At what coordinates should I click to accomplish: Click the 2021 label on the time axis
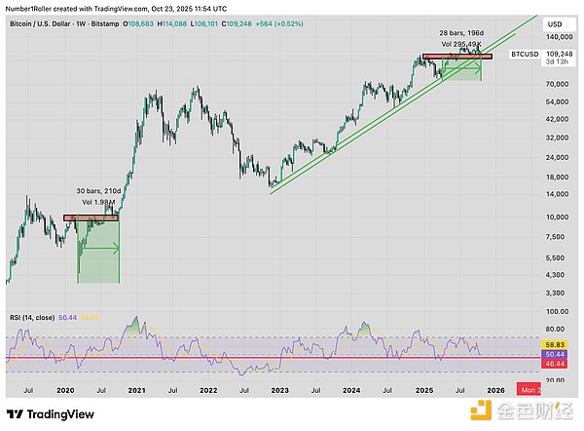(x=137, y=390)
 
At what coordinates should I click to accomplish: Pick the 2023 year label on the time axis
(x=280, y=390)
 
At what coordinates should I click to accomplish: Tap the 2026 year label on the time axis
(x=495, y=390)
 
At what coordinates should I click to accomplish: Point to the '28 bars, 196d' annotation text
(x=458, y=33)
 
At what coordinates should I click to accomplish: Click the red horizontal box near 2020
(x=91, y=217)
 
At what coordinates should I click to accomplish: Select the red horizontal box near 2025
(x=457, y=58)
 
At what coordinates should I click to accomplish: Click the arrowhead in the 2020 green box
(x=117, y=249)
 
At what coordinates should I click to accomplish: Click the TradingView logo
(x=49, y=412)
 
